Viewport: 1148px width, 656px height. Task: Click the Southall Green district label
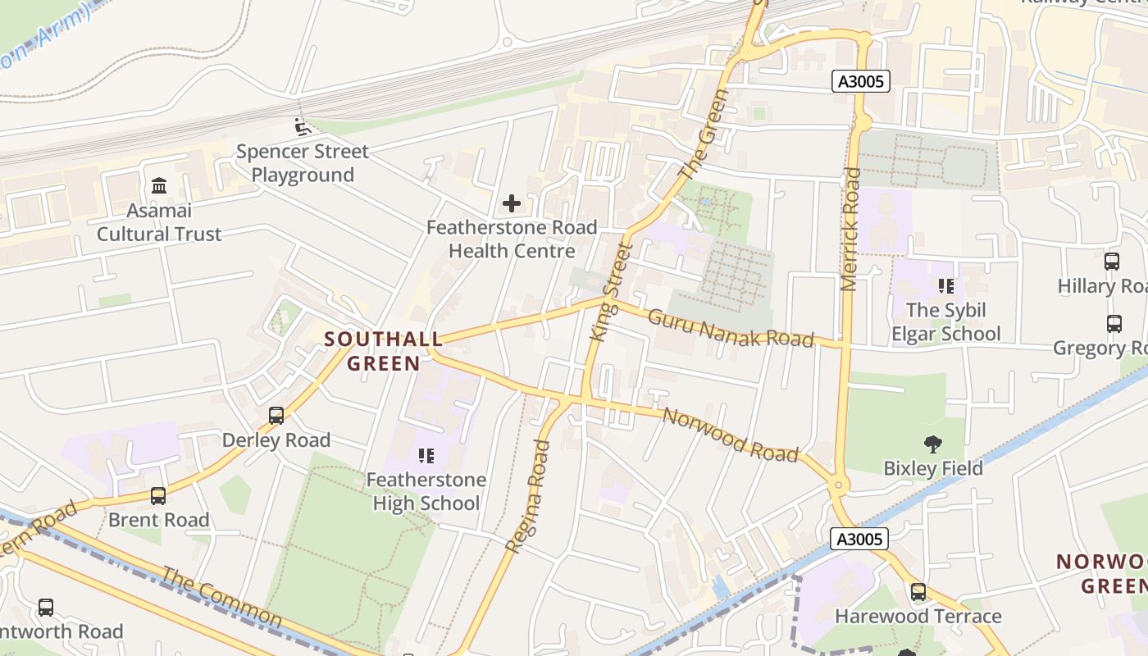pos(384,350)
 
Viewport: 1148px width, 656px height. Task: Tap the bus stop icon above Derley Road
pos(276,416)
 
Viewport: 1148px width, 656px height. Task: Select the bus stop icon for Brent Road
pos(158,495)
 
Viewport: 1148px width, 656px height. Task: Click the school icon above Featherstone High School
pos(426,455)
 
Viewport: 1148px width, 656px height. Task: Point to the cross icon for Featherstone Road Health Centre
pos(512,203)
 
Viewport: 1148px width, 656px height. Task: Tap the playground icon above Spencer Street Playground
pos(302,127)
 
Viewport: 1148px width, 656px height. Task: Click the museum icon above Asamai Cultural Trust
pos(159,186)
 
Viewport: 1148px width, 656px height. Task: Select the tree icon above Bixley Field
pos(932,444)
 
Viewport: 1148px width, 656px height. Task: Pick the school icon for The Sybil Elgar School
pos(946,286)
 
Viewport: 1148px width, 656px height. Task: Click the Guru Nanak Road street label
pos(731,328)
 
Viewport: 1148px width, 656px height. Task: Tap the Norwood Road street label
pos(730,435)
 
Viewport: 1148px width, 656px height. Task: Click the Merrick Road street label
pos(850,229)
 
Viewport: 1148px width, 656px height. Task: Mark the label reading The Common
pos(221,597)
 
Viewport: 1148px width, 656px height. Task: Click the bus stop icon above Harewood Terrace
pos(918,591)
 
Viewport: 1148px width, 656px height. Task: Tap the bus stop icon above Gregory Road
pos(1114,324)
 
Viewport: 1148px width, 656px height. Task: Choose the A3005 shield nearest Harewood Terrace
pos(859,539)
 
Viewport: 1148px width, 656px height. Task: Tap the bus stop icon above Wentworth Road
pos(46,608)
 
